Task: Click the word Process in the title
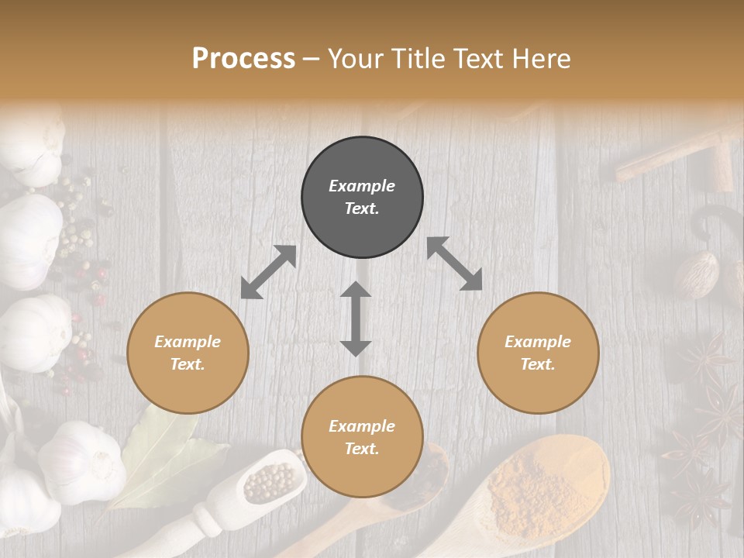(243, 59)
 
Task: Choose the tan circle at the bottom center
(362, 472)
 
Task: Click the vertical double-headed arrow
(356, 319)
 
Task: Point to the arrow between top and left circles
(268, 272)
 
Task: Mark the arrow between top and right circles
(454, 264)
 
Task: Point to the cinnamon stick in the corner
(674, 154)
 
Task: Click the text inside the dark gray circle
(362, 198)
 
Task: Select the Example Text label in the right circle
(538, 353)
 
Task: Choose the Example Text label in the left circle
(188, 353)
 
